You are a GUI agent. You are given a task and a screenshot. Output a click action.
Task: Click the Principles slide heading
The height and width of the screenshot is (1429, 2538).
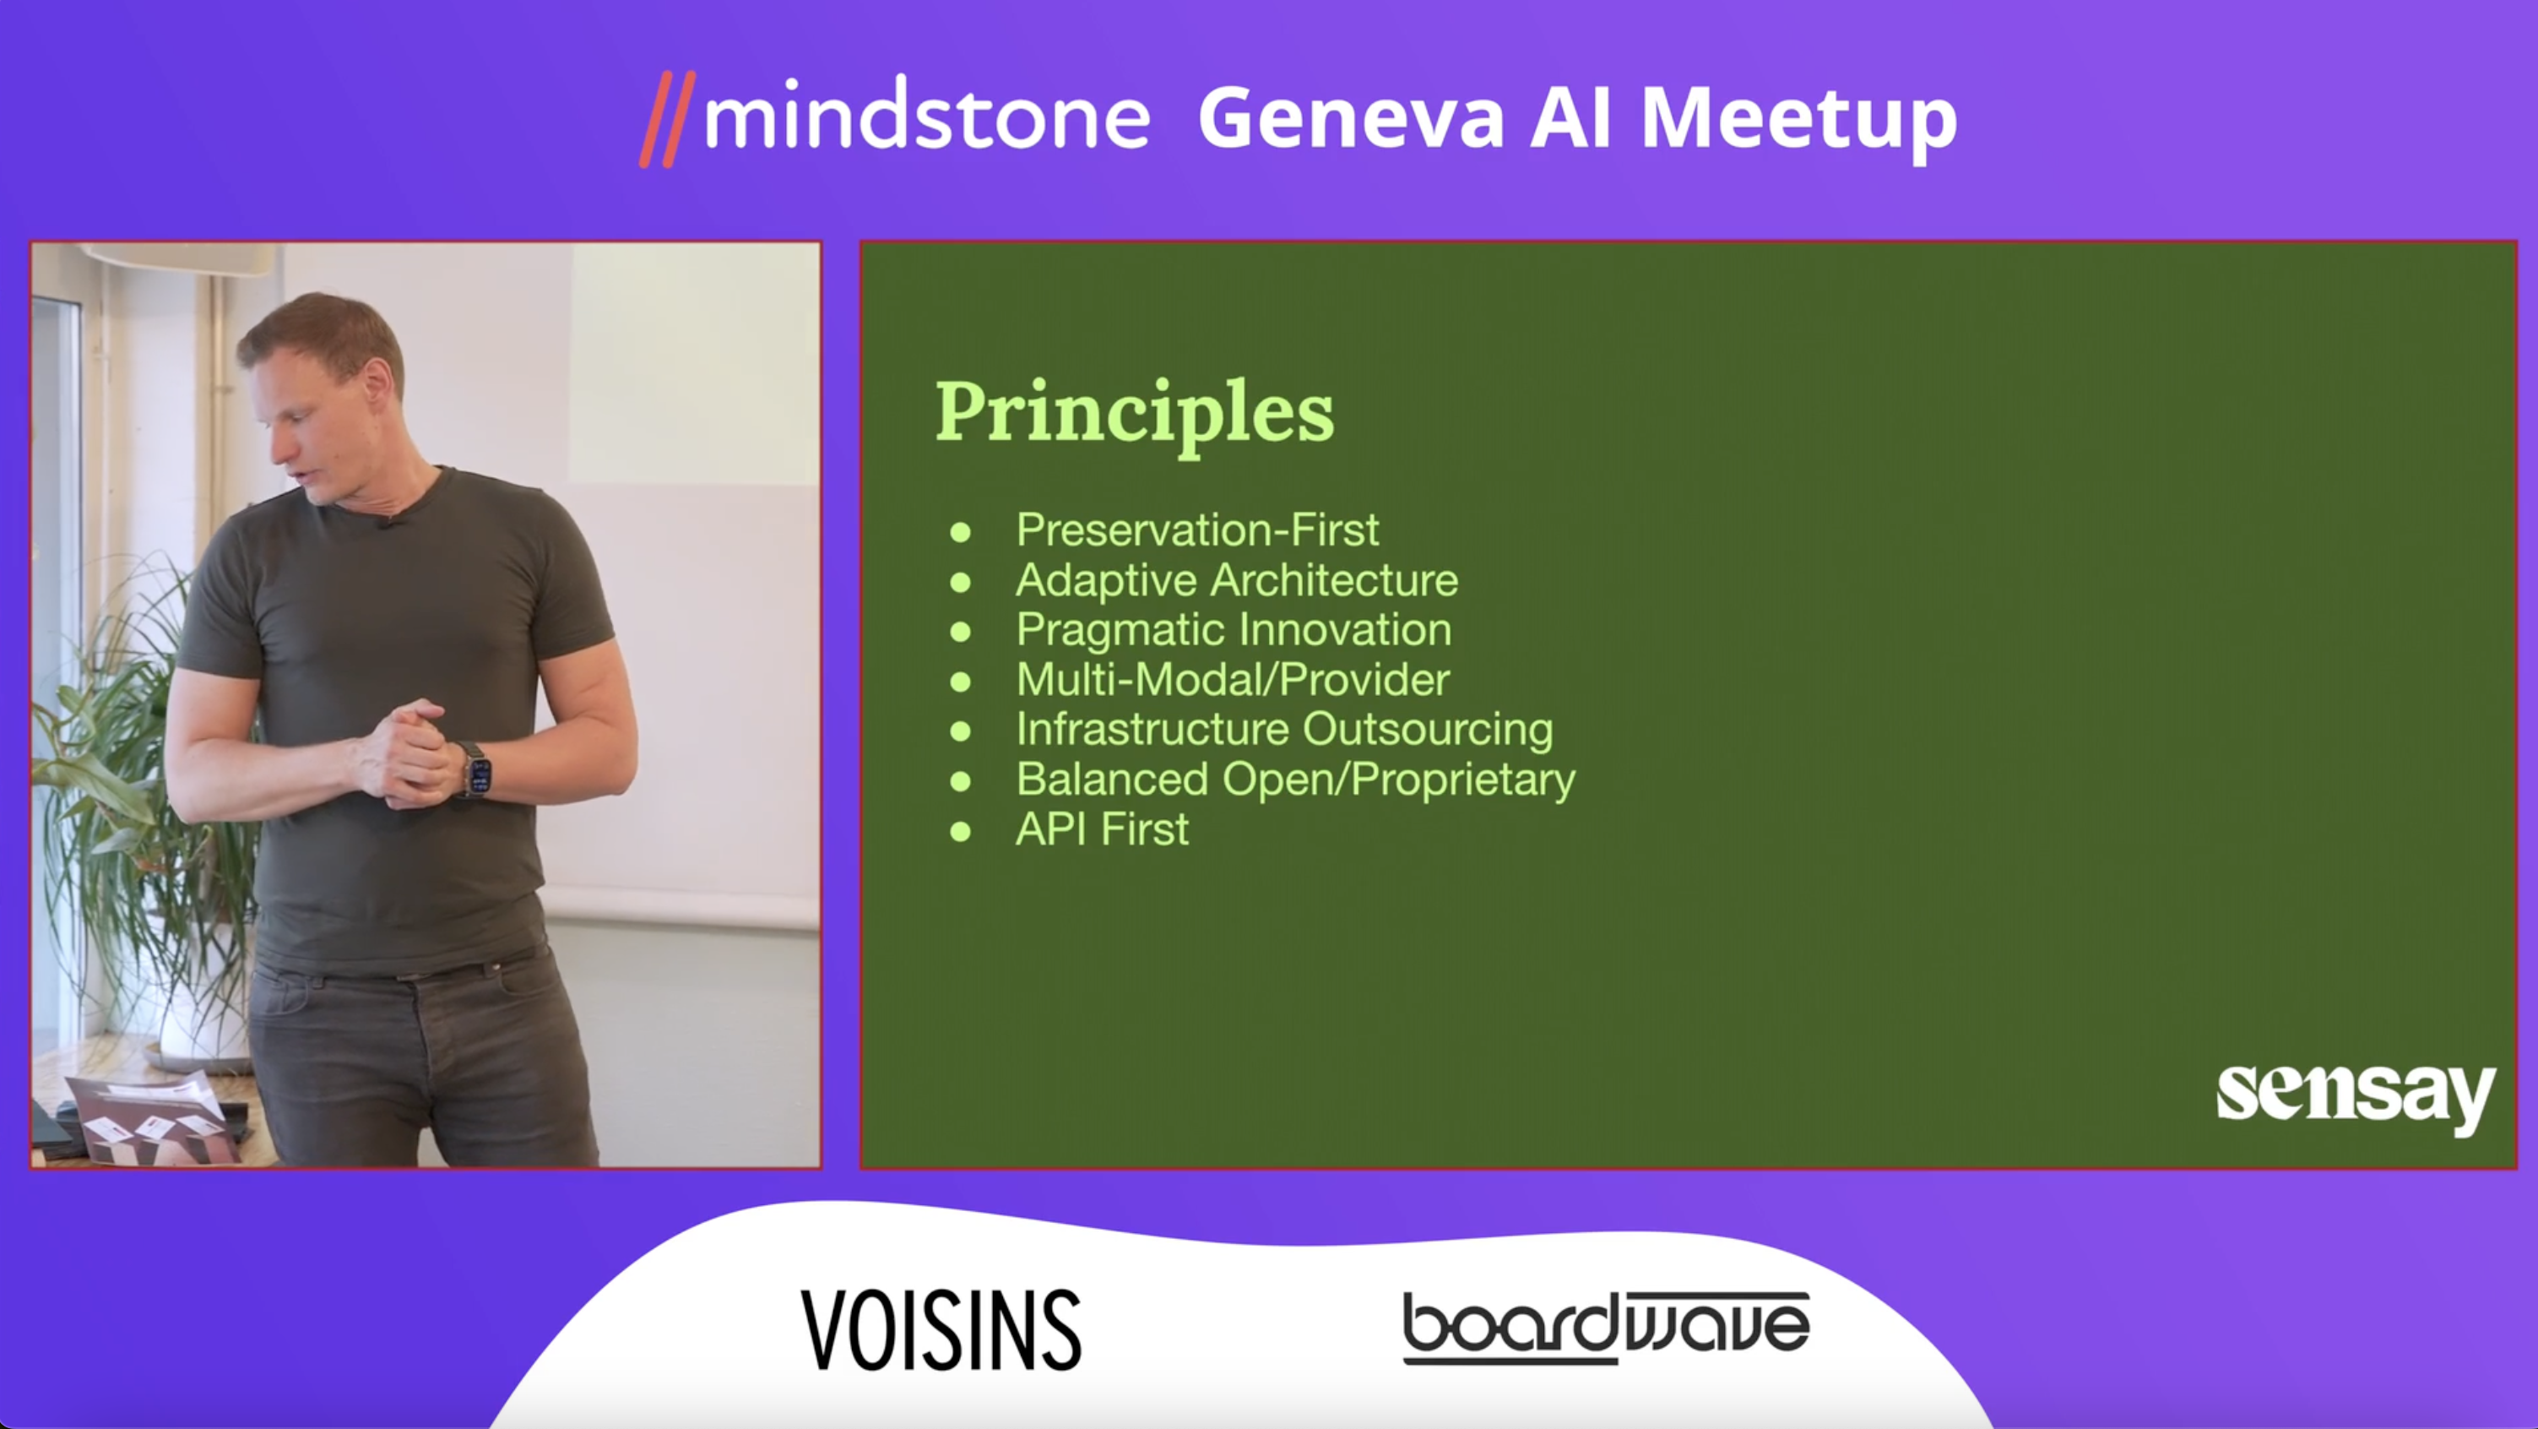click(x=1134, y=415)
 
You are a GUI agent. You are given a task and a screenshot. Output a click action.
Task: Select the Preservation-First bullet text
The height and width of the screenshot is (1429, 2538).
click(x=1197, y=530)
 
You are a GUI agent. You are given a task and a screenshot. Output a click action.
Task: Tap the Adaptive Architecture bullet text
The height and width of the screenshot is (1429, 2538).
click(x=1236, y=579)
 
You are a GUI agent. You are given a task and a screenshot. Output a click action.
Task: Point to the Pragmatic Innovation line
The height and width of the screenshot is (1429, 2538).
click(x=1234, y=631)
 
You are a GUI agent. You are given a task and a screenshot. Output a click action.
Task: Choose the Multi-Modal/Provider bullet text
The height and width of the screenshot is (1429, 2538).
click(x=1233, y=680)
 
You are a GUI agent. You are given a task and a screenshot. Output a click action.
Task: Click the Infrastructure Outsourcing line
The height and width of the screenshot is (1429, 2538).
click(x=1285, y=731)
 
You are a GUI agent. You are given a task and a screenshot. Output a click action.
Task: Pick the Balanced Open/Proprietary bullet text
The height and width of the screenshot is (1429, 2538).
click(x=1296, y=780)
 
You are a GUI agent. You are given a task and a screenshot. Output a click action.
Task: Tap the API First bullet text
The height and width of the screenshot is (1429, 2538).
click(x=1103, y=829)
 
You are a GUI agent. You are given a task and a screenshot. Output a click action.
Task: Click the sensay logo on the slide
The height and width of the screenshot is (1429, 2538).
click(x=2355, y=1099)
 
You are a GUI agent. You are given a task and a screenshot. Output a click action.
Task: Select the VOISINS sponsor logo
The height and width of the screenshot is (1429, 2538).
click(x=941, y=1329)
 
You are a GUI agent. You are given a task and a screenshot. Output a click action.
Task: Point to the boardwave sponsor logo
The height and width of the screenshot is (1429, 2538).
click(x=1606, y=1328)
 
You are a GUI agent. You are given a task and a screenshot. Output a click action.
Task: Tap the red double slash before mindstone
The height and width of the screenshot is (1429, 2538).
click(x=667, y=119)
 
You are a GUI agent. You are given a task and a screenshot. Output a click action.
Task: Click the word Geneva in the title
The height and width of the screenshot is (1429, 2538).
click(x=1352, y=118)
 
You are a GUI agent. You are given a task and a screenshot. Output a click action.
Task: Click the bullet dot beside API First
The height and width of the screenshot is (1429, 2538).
click(x=961, y=832)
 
